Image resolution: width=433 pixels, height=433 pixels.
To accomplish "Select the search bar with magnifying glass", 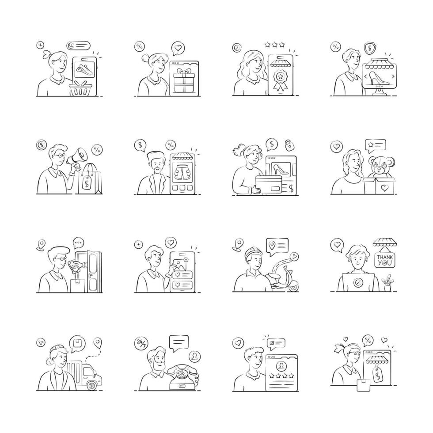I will tap(79, 45).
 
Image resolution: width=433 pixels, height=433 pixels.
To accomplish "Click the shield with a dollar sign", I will tap(369, 48).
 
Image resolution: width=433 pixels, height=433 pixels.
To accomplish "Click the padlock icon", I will tap(289, 145).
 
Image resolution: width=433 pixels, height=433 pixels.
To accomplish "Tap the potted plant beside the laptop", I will tap(388, 283).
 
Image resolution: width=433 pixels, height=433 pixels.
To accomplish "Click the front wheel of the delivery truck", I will tap(92, 385).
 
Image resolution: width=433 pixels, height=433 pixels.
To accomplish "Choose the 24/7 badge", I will tap(141, 343).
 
